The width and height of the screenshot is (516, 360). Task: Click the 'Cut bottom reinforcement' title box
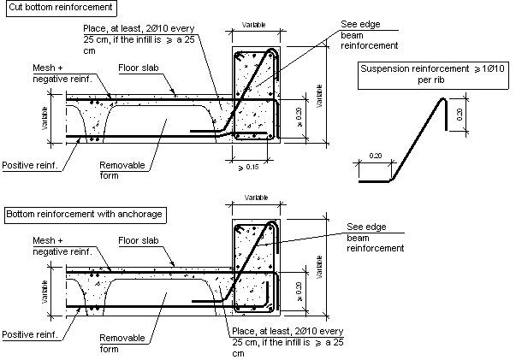pyautogui.click(x=62, y=8)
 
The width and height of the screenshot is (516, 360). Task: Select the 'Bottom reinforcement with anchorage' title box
pyautogui.click(x=85, y=215)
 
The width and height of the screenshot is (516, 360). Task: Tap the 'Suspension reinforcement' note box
pyautogui.click(x=433, y=75)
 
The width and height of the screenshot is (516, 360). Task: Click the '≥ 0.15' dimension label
pyautogui.click(x=248, y=167)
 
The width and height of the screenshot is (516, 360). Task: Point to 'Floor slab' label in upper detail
pyautogui.click(x=139, y=68)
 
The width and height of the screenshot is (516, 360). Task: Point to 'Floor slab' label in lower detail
pyautogui.click(x=139, y=240)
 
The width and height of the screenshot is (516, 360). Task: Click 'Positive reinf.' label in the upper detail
pyautogui.click(x=30, y=165)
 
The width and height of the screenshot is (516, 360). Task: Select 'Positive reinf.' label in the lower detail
pyautogui.click(x=30, y=334)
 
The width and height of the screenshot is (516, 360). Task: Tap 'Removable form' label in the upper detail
pyautogui.click(x=122, y=170)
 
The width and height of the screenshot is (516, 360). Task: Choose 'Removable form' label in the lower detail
pyautogui.click(x=122, y=343)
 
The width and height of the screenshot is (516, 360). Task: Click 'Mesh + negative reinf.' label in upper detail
pyautogui.click(x=62, y=74)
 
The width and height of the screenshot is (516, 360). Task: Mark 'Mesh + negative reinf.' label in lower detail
pyautogui.click(x=62, y=246)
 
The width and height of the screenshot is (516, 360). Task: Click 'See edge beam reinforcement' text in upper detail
pyautogui.click(x=369, y=35)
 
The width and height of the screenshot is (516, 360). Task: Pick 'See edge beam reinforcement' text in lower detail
pyautogui.click(x=375, y=238)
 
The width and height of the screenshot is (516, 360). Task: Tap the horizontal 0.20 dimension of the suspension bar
pyautogui.click(x=376, y=156)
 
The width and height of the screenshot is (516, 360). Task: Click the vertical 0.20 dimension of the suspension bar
pyautogui.click(x=460, y=115)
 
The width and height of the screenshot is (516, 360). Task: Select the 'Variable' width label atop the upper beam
pyautogui.click(x=254, y=25)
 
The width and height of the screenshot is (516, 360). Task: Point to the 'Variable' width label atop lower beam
pyautogui.click(x=256, y=198)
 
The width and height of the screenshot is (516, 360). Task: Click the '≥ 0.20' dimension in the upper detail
pyautogui.click(x=300, y=117)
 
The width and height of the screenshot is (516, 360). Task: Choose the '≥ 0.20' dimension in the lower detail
pyautogui.click(x=300, y=292)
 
